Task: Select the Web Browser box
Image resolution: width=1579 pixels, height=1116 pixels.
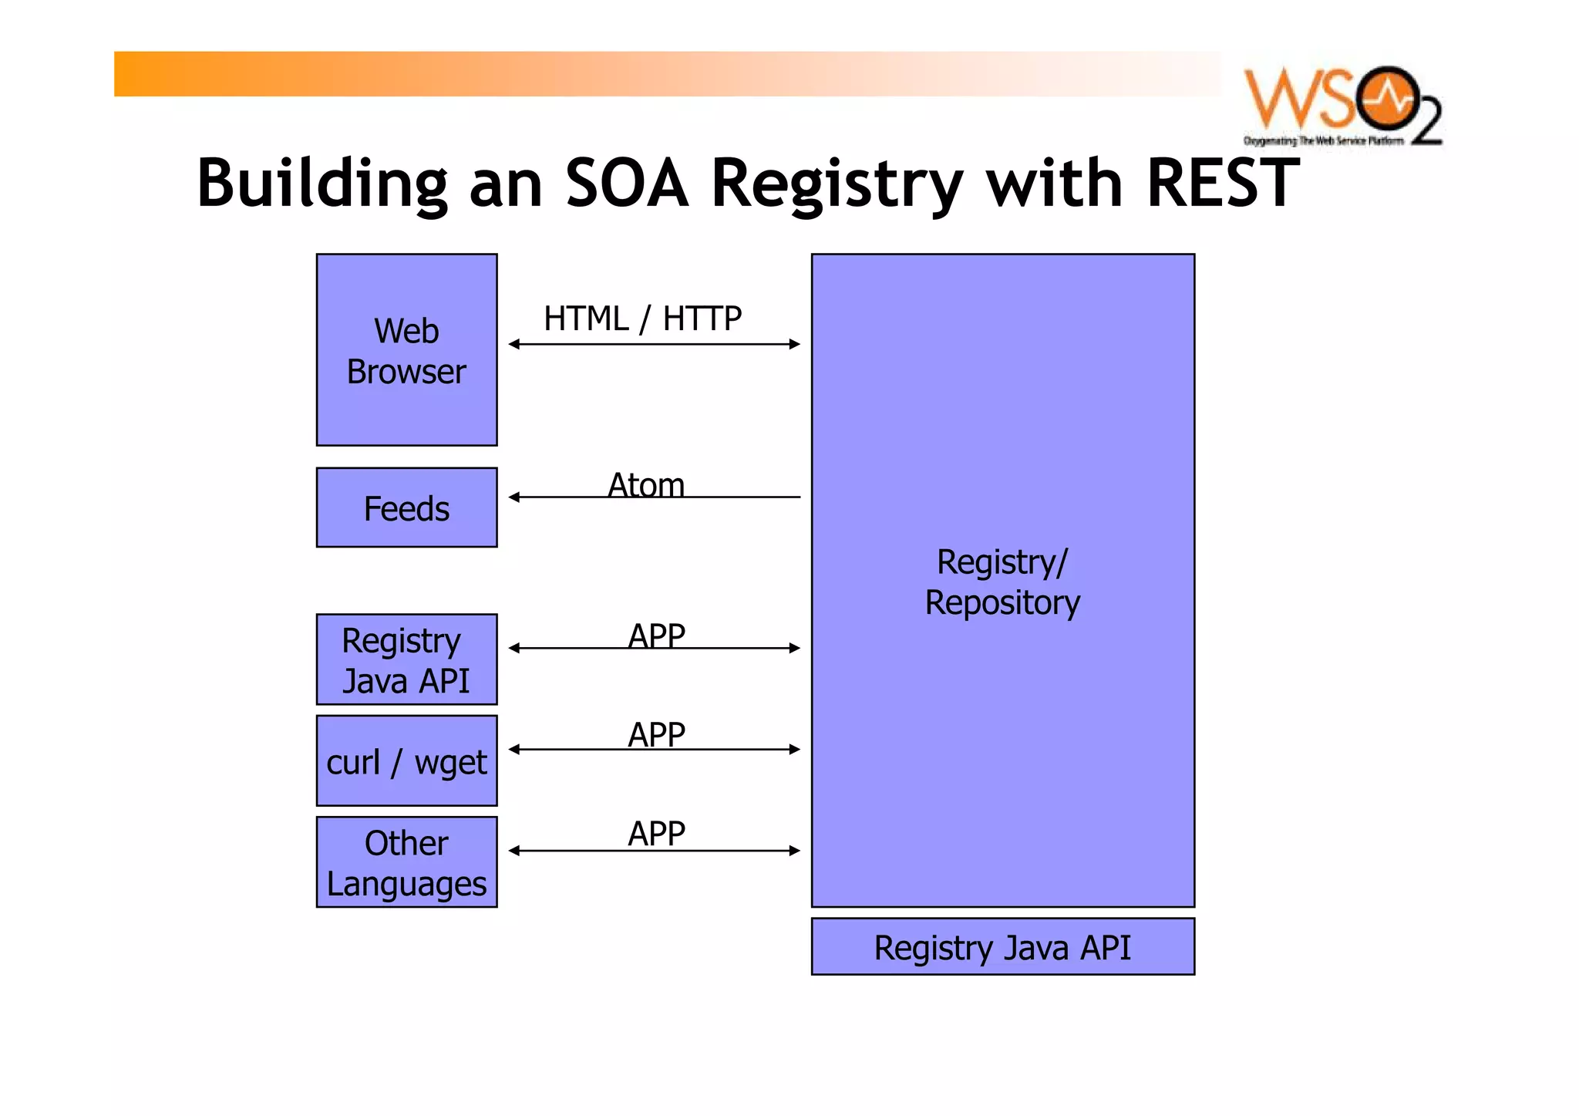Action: coord(406,350)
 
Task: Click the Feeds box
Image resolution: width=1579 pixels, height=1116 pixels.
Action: coord(406,507)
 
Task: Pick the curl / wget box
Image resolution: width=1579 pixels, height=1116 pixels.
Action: coord(406,761)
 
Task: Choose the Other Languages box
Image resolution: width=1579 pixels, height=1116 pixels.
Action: coord(406,862)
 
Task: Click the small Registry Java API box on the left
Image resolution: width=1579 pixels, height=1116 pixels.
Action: coord(406,659)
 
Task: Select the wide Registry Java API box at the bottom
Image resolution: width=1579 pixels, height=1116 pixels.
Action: coord(1002,947)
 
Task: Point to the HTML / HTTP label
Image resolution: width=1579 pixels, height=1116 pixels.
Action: coord(642,319)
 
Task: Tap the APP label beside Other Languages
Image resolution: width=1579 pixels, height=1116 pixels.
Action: coord(656,833)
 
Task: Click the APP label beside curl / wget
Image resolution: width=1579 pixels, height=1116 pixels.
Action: coord(656,733)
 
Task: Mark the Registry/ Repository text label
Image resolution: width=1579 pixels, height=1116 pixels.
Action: coord(1002,582)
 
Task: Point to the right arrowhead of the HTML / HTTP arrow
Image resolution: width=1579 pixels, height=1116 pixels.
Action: coord(795,344)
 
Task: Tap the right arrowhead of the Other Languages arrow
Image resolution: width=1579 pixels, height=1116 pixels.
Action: coord(795,851)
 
